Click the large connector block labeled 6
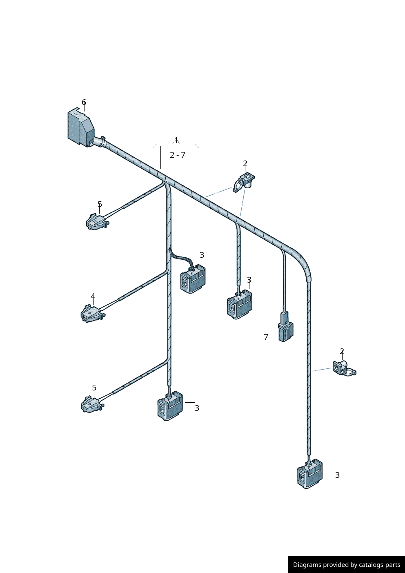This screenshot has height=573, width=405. tap(81, 128)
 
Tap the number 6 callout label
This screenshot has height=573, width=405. tap(84, 103)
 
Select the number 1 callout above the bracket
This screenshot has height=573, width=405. tap(176, 140)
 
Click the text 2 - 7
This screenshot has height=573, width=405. tap(178, 155)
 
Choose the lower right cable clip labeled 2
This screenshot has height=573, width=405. tap(344, 368)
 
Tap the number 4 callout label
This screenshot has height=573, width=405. tap(93, 296)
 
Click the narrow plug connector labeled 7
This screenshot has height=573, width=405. tap(286, 327)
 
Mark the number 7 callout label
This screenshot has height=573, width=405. tap(266, 337)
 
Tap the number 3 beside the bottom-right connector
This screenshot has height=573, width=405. tap(337, 475)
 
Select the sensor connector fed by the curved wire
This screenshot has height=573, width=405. tap(193, 279)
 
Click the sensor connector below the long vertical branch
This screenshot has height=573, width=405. tap(170, 406)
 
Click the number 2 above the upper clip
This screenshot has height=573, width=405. tap(245, 163)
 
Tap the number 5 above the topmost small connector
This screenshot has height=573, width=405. tap(100, 204)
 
